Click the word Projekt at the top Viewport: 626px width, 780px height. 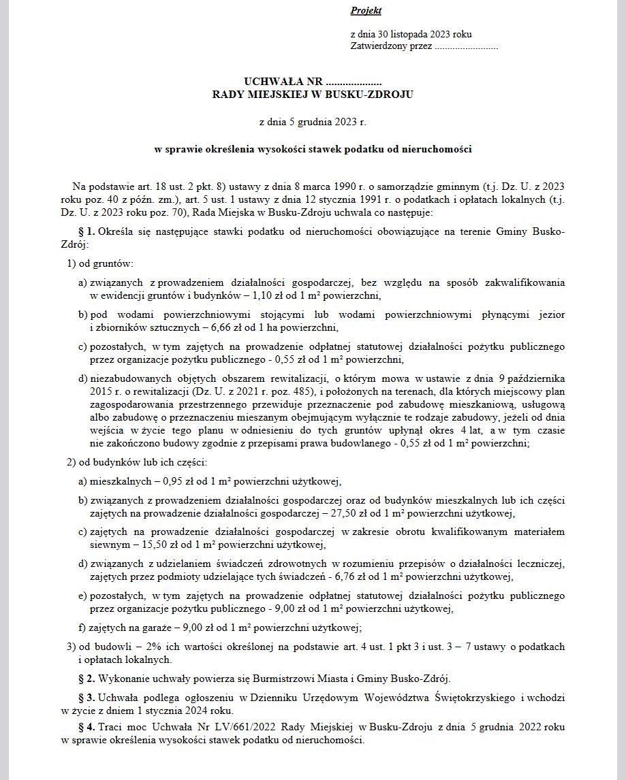(x=366, y=11)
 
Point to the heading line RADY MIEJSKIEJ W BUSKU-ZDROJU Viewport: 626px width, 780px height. (x=313, y=95)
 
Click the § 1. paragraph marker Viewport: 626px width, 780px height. (x=87, y=232)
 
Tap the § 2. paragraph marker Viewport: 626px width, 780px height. (x=87, y=679)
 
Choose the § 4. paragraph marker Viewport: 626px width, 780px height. (x=87, y=727)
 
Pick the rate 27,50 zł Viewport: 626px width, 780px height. (x=364, y=514)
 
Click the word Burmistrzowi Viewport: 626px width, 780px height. (x=283, y=679)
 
